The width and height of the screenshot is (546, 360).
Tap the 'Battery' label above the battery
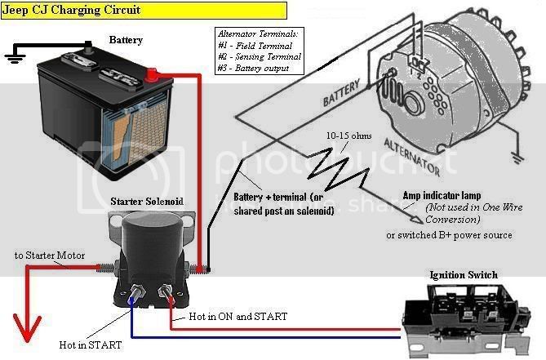(126, 39)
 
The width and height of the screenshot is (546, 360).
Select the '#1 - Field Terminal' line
(254, 46)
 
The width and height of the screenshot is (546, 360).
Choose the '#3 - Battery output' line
(255, 68)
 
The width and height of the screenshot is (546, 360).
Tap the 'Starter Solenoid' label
(147, 201)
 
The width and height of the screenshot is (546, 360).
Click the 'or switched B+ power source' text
(449, 234)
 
